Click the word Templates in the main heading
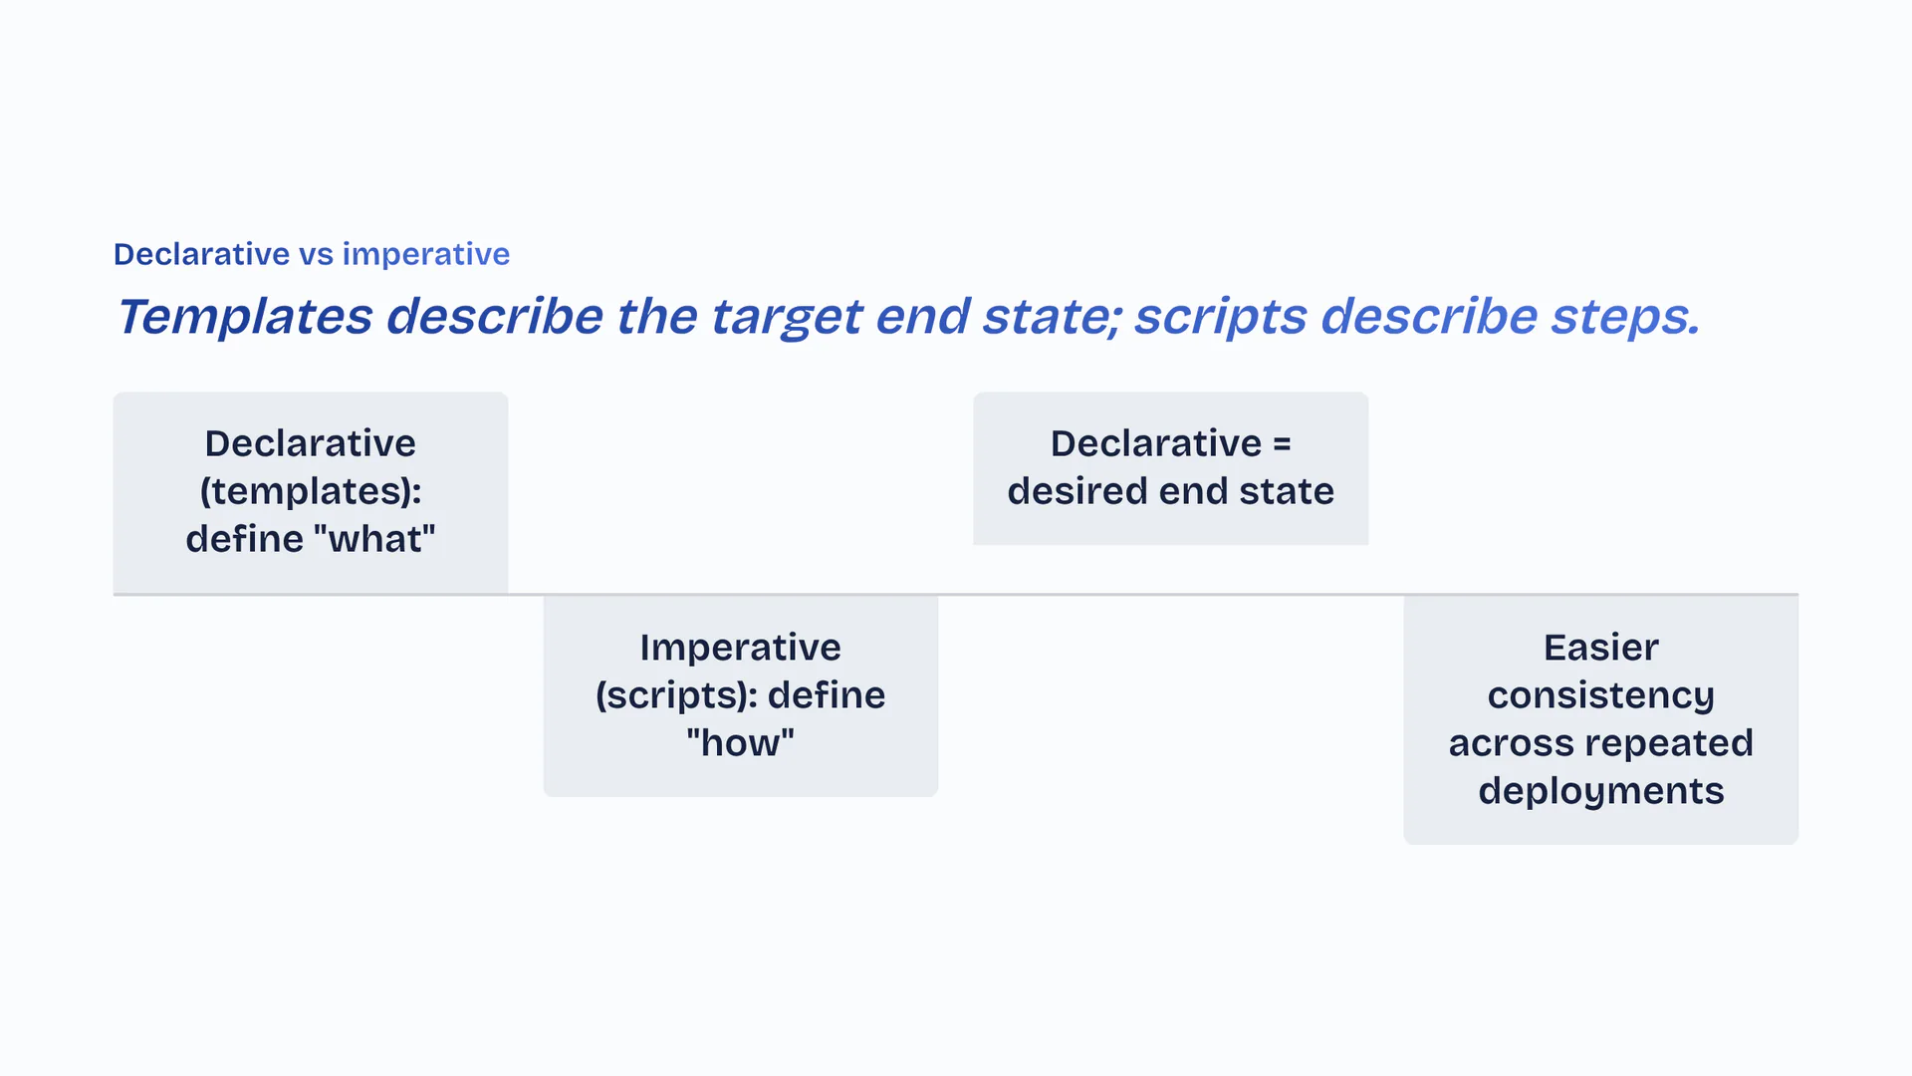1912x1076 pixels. click(245, 318)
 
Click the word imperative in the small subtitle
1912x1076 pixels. click(426, 255)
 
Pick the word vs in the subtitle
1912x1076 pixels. click(317, 255)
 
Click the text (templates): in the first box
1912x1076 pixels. click(311, 492)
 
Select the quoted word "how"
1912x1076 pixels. click(741, 743)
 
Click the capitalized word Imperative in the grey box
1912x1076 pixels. click(741, 648)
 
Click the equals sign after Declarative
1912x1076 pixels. click(1282, 444)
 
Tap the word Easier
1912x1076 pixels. click(1601, 648)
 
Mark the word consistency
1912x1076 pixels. click(1601, 696)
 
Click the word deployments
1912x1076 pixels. click(1601, 792)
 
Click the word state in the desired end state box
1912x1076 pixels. click(1287, 492)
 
